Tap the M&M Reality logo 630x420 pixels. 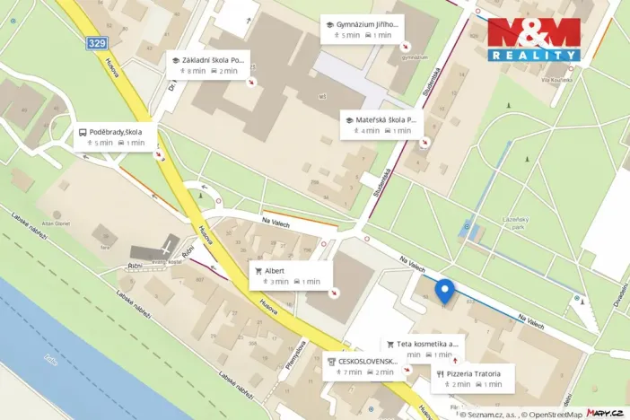(533, 39)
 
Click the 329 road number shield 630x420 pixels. (97, 43)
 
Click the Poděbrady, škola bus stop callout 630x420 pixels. (120, 136)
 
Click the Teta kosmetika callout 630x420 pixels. (424, 349)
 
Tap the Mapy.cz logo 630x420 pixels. (605, 412)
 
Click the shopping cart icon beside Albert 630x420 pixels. (258, 270)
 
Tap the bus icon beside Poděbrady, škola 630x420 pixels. (83, 131)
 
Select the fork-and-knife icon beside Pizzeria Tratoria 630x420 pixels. (440, 372)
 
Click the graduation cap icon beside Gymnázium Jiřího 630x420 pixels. (330, 23)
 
